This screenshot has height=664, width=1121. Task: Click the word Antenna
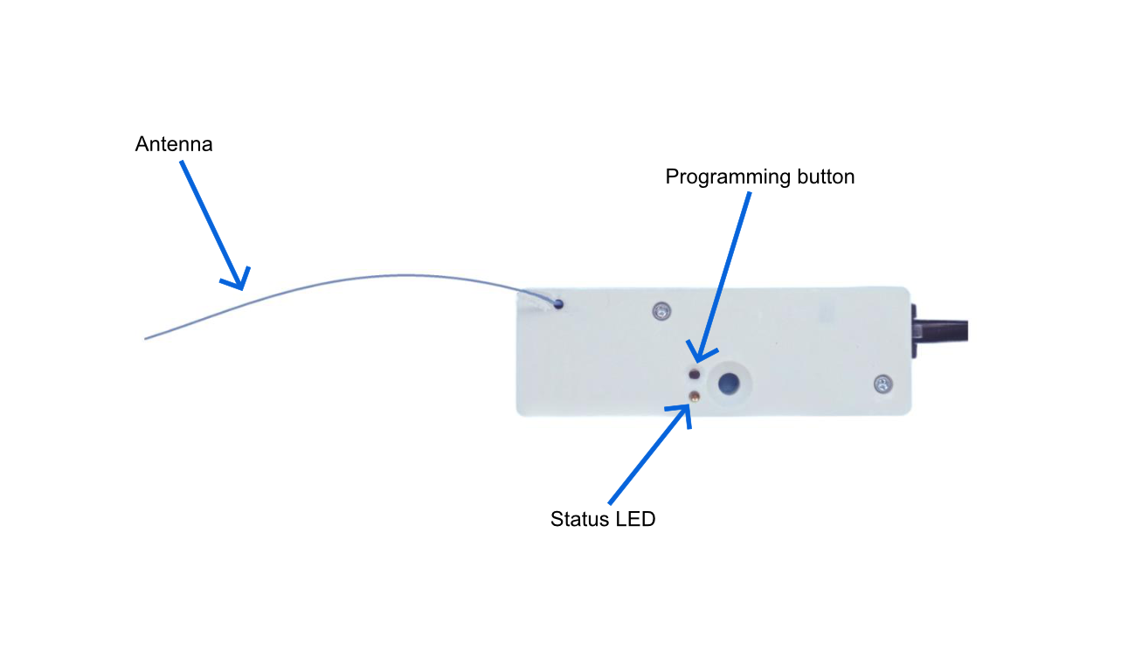(174, 144)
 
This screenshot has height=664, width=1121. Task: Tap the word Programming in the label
(727, 177)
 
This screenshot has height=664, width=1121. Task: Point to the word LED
(635, 519)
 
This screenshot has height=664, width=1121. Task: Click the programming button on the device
(694, 374)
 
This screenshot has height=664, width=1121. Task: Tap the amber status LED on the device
(694, 397)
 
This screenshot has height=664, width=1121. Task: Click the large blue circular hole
(729, 384)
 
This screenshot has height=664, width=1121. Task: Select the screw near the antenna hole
(661, 311)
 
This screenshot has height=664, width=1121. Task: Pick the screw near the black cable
(882, 384)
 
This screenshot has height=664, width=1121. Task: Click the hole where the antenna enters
(558, 304)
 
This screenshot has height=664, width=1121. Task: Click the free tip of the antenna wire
(145, 339)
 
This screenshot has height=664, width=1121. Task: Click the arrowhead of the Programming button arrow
(697, 359)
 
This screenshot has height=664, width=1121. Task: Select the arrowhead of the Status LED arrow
(688, 407)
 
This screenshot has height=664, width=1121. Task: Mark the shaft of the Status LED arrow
(648, 455)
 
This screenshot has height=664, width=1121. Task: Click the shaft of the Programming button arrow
(723, 277)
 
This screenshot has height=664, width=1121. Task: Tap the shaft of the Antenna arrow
(211, 225)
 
